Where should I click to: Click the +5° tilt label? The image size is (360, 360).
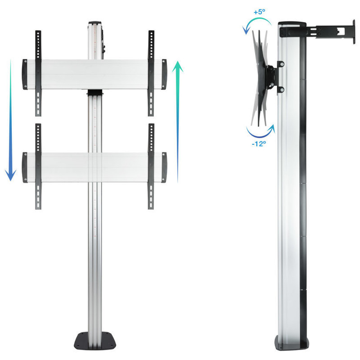(x=260, y=12)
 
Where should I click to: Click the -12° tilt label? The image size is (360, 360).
(x=259, y=144)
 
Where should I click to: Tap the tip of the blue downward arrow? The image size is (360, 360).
(x=10, y=181)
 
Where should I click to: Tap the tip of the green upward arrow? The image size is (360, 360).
(x=177, y=61)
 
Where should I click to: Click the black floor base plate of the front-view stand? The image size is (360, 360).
(x=95, y=341)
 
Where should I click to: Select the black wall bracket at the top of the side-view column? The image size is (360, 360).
(x=317, y=31)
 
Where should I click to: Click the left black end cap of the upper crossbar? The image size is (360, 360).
(x=25, y=74)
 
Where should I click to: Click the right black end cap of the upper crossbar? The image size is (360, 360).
(x=164, y=74)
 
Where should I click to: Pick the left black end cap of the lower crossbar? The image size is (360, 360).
(x=25, y=167)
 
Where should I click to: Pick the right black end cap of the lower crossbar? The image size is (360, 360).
(x=164, y=167)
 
